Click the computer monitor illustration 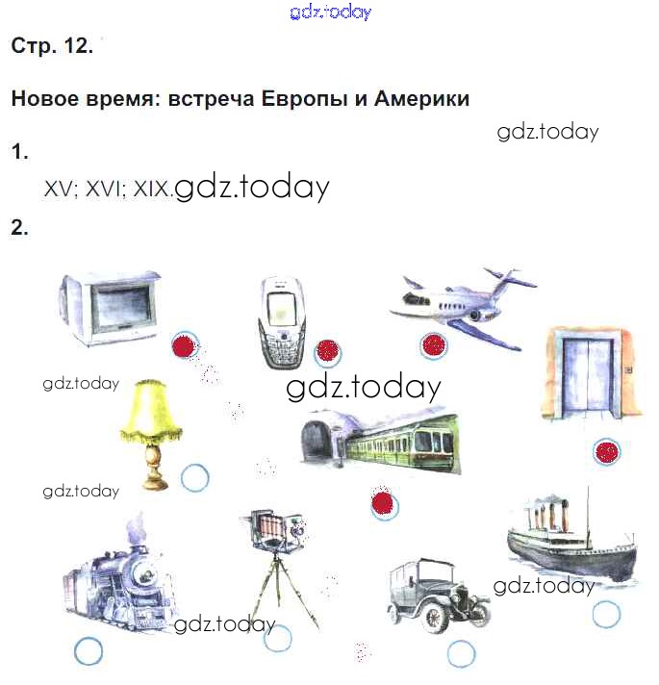[111, 308]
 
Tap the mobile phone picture [282, 322]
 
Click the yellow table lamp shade [151, 410]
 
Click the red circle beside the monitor [185, 346]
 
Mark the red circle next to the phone [327, 352]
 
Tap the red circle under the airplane [433, 345]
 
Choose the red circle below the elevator [607, 451]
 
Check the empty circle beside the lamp [194, 477]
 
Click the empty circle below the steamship [606, 614]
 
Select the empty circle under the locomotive [89, 651]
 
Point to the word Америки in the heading [422, 98]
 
